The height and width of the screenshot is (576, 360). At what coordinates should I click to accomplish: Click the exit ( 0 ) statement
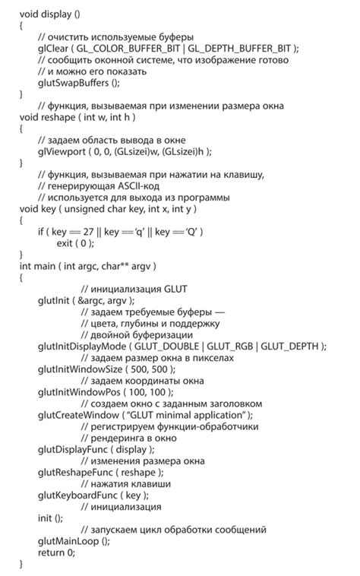[75, 243]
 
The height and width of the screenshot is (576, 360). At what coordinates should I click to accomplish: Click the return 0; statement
[56, 552]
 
